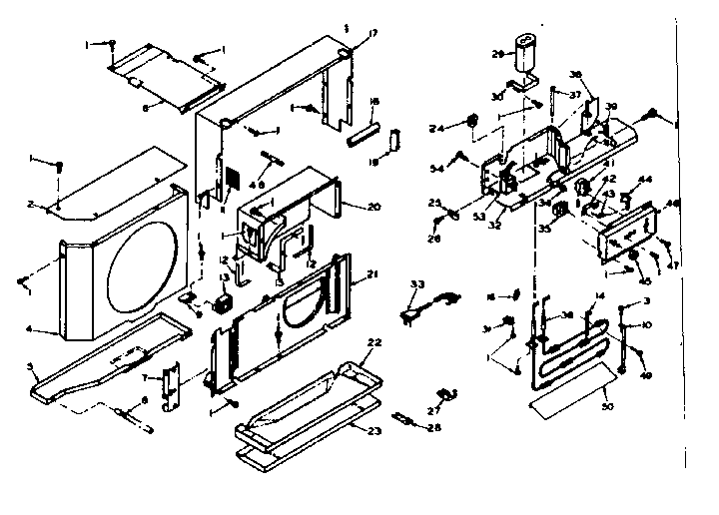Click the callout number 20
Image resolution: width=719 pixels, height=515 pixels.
(347, 207)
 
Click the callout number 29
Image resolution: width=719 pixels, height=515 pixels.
(497, 53)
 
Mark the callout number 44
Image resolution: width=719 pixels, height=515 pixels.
(645, 180)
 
